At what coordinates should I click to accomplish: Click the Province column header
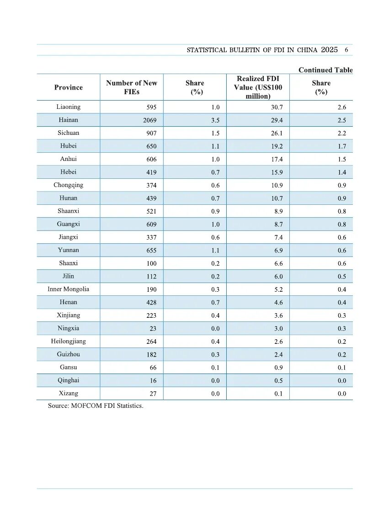[69, 87]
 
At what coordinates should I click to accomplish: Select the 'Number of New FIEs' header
[132, 87]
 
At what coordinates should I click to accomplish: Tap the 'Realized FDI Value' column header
[258, 87]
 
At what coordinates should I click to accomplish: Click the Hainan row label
[69, 120]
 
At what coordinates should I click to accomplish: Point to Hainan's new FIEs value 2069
[149, 121]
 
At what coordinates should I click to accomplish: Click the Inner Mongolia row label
[69, 289]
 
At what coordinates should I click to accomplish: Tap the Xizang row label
[69, 393]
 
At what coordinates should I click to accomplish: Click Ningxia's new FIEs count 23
[153, 329]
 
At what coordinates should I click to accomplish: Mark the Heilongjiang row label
[69, 341]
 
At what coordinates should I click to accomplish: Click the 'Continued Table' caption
[325, 70]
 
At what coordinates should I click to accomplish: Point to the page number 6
[346, 50]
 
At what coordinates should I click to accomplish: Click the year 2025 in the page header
[329, 50]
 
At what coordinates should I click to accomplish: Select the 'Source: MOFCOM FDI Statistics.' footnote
[96, 406]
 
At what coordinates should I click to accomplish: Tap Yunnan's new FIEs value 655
[151, 251]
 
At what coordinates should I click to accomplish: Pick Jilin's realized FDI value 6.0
[278, 277]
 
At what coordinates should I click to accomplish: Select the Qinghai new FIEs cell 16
[153, 381]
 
